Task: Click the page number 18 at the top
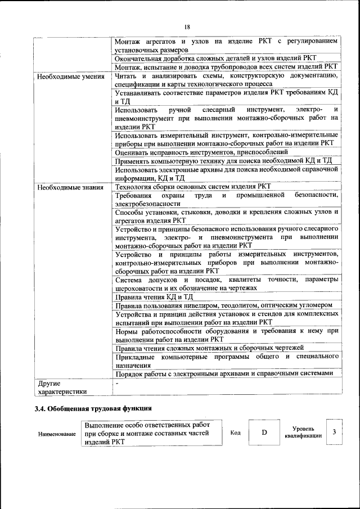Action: [187, 27]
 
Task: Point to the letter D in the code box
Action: [264, 432]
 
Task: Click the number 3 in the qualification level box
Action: [334, 432]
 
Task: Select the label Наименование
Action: [57, 434]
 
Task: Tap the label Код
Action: [236, 433]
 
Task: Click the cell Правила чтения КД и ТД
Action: [154, 296]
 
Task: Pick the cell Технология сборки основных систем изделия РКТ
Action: [192, 187]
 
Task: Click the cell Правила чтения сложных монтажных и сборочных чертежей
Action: [209, 348]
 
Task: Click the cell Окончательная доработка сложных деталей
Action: [215, 58]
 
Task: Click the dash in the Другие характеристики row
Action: [116, 383]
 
